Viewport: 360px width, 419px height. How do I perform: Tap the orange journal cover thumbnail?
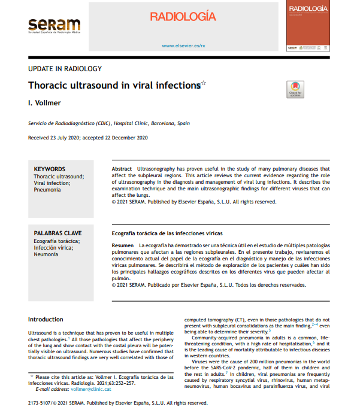tap(308, 26)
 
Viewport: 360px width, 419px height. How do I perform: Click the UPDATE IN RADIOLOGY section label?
tap(65, 69)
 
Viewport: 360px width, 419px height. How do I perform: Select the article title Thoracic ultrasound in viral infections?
tap(114, 86)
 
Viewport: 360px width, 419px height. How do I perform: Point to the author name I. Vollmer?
tap(45, 103)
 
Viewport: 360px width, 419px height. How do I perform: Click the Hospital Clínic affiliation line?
tap(109, 123)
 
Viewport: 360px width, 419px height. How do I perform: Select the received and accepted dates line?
tap(87, 138)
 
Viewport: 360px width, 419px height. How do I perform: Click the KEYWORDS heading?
tap(50, 169)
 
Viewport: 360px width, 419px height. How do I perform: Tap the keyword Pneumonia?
tap(47, 190)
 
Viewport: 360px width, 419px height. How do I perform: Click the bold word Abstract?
tap(122, 169)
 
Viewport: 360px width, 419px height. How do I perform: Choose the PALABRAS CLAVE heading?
tap(58, 233)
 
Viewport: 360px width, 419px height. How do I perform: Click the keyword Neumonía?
tap(46, 254)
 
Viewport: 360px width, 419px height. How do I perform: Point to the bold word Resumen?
tap(123, 246)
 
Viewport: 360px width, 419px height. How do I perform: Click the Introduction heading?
tap(46, 320)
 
